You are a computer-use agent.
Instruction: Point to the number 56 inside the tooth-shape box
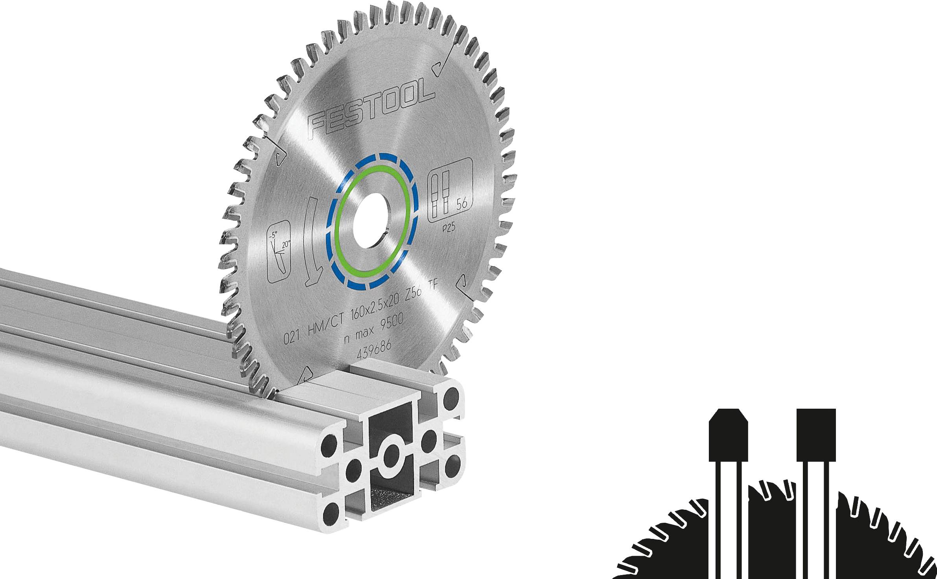click(461, 204)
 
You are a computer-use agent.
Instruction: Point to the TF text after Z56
click(432, 287)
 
